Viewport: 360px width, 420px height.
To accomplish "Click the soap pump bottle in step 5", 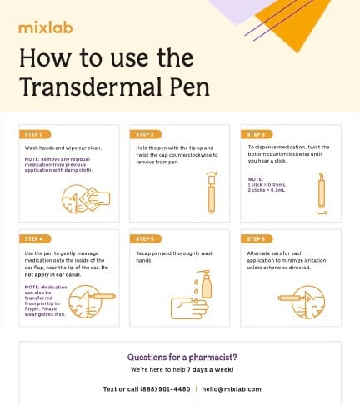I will point(204,288).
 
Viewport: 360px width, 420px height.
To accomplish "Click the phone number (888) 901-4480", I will point(163,388).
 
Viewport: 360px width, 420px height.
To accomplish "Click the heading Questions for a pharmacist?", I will point(180,354).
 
